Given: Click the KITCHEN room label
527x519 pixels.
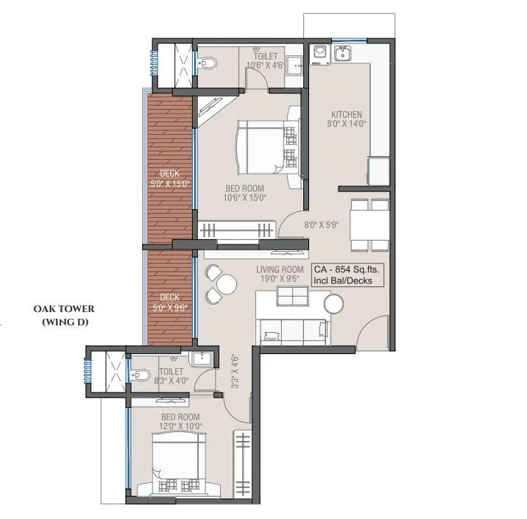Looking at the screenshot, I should pyautogui.click(x=346, y=115).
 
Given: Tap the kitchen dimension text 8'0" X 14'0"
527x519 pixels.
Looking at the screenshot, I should pyautogui.click(x=346, y=124).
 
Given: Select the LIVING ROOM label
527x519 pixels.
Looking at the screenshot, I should pyautogui.click(x=280, y=270).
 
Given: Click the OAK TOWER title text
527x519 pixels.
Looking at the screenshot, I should pyautogui.click(x=64, y=309).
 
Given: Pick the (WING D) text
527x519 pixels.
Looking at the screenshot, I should pyautogui.click(x=64, y=322).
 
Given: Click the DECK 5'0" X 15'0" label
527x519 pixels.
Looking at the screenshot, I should pyautogui.click(x=171, y=178).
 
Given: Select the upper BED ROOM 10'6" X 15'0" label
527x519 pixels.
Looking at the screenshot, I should pyautogui.click(x=244, y=193).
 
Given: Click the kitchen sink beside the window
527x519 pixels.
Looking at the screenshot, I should pyautogui.click(x=342, y=52).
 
